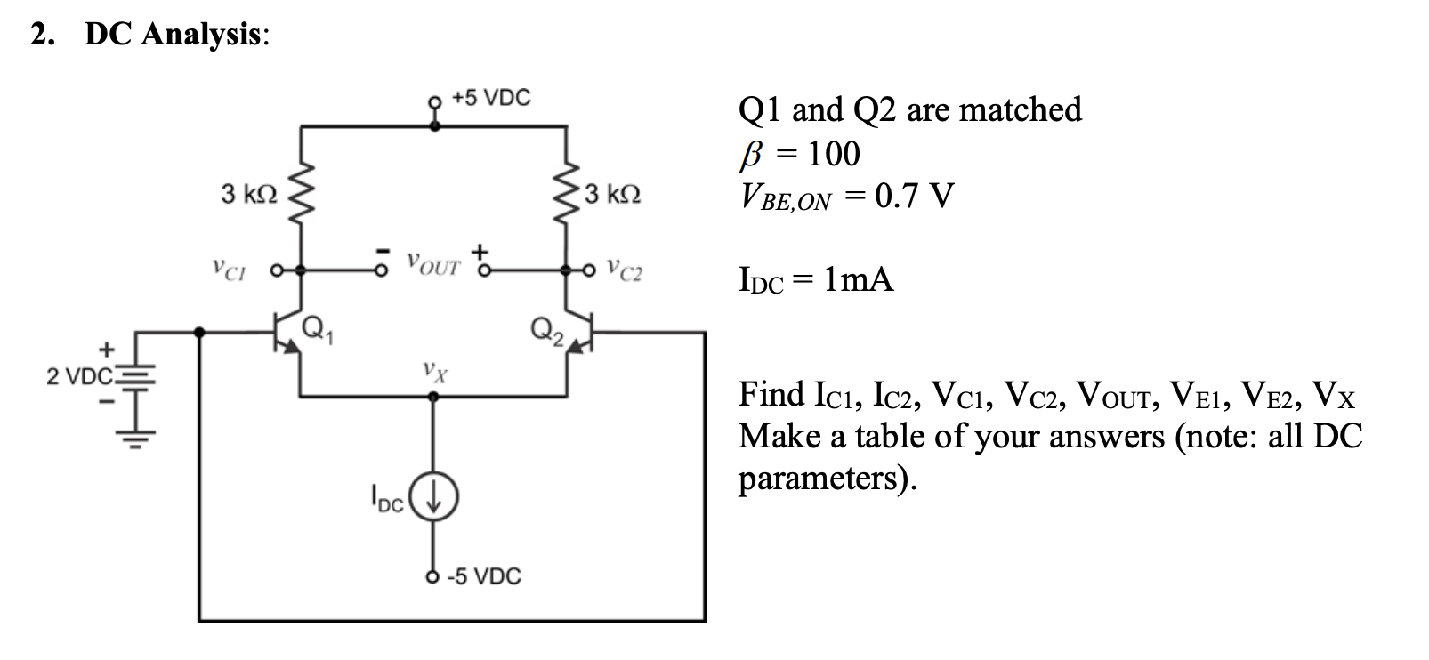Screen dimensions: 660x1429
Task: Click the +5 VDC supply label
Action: click(x=490, y=98)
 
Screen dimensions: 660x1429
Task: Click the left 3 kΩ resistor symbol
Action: click(x=303, y=194)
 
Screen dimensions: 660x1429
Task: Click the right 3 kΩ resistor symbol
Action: click(x=567, y=194)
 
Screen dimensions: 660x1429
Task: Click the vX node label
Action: click(x=434, y=368)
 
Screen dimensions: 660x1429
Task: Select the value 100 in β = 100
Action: click(x=833, y=154)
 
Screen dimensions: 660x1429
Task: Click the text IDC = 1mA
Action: click(x=816, y=280)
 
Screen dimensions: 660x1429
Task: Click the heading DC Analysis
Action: click(x=174, y=35)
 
